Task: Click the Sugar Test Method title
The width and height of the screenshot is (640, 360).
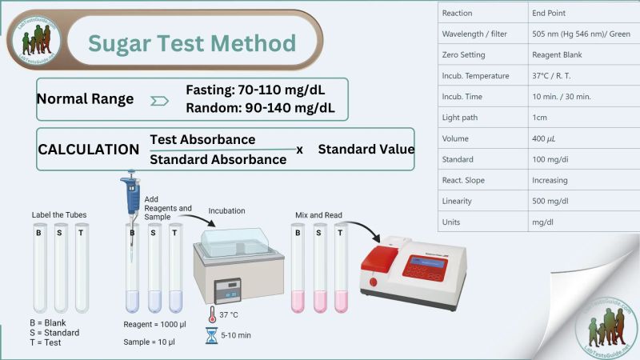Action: (191, 43)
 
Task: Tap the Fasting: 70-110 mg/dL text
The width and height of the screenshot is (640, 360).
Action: (254, 89)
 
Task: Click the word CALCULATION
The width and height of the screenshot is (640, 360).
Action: (89, 150)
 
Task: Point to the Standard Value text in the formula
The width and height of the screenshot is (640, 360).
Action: (366, 149)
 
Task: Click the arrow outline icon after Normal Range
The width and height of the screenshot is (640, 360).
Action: (158, 100)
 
